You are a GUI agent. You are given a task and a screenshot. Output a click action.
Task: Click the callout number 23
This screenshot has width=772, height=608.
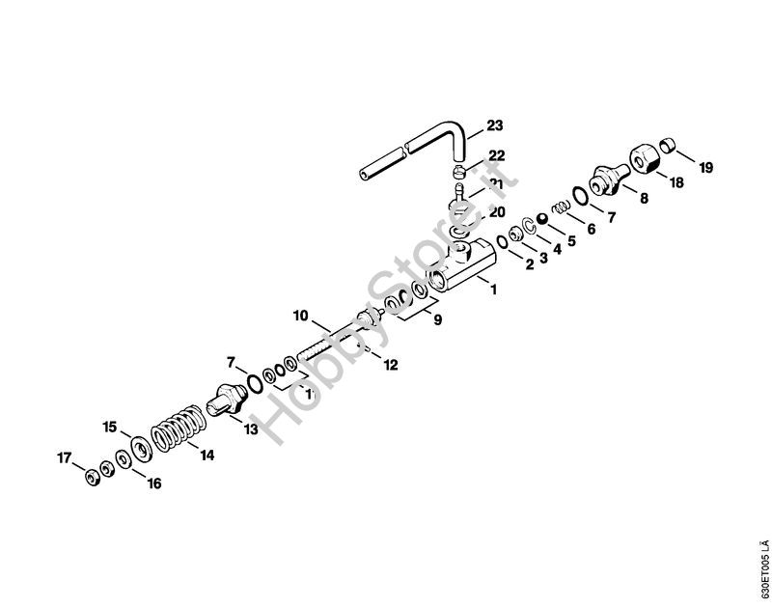click(x=495, y=126)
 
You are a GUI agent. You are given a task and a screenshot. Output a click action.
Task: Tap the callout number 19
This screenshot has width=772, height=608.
click(x=706, y=168)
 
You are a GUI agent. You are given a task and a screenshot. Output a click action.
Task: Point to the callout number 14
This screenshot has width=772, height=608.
click(x=207, y=458)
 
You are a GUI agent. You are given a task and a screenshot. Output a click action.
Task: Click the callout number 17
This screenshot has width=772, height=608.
click(x=64, y=458)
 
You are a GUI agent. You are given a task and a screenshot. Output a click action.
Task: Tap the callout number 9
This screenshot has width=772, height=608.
click(x=437, y=319)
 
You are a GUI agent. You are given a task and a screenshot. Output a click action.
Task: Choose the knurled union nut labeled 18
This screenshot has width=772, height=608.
click(x=643, y=157)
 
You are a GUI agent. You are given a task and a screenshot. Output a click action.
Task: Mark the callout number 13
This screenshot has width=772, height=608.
click(x=250, y=429)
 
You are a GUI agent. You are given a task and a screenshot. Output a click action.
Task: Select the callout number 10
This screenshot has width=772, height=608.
click(x=300, y=315)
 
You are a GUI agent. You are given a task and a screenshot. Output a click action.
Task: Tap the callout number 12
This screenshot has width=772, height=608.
click(x=390, y=364)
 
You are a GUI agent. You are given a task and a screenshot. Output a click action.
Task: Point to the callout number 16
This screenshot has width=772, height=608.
click(x=153, y=484)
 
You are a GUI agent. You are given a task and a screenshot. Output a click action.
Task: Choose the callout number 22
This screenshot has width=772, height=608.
click(x=496, y=155)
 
